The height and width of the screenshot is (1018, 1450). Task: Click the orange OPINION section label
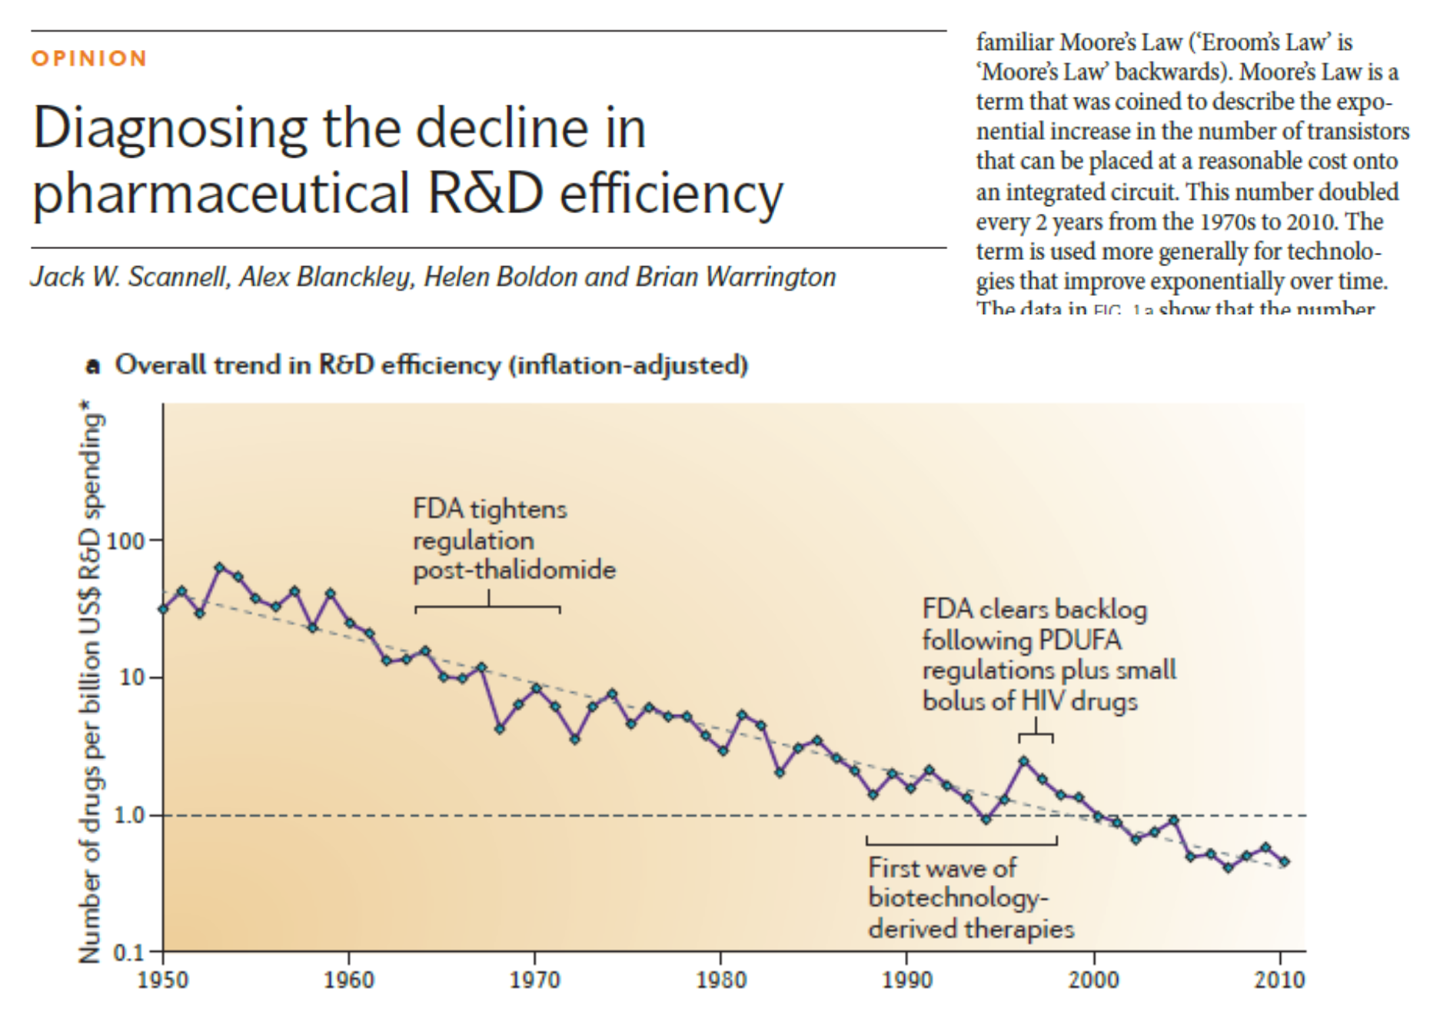coord(89,58)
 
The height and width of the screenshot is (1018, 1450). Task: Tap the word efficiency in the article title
coord(670,193)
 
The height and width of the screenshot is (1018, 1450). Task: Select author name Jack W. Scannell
coord(130,277)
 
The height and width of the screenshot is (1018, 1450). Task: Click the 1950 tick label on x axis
coord(163,980)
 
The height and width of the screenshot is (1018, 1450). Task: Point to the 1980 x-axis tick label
coord(721,980)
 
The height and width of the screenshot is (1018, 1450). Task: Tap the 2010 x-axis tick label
coord(1279,980)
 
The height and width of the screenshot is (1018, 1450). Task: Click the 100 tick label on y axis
coord(125,541)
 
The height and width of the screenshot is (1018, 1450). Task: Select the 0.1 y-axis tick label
coord(128,953)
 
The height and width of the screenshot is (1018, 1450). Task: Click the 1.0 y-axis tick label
coord(129,815)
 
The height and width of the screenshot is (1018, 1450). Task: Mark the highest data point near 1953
coord(220,567)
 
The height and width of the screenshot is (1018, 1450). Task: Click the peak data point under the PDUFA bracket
coord(1023,761)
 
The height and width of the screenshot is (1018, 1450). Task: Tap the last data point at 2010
coord(1284,862)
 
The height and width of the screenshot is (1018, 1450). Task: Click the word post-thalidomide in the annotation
coord(514,571)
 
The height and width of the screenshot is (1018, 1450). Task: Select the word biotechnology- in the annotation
coord(958,898)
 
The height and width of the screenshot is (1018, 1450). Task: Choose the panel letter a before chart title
coord(93,366)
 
